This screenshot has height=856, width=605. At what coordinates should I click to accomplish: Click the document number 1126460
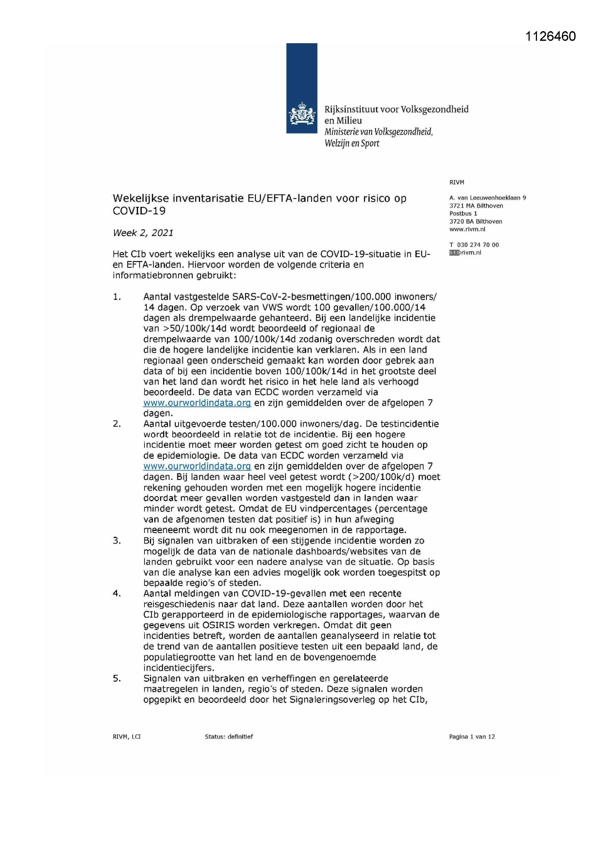[x=550, y=36]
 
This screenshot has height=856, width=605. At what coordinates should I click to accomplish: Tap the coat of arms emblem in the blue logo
[x=301, y=115]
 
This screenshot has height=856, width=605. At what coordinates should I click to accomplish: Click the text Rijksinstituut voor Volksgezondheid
[x=396, y=109]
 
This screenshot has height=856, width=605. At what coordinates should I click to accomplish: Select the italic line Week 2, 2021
[x=143, y=233]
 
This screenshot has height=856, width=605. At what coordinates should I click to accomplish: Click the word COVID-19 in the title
[x=139, y=211]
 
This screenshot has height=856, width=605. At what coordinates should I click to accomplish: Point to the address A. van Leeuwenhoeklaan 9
[x=487, y=198]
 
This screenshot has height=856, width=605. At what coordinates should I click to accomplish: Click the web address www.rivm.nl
[x=467, y=229]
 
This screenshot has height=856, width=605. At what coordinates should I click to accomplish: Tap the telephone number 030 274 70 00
[x=478, y=245]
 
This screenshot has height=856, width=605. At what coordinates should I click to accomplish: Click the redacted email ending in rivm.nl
[x=465, y=253]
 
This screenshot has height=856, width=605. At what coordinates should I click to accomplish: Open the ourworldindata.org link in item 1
[x=197, y=403]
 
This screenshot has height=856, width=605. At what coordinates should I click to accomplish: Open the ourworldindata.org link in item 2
[x=197, y=466]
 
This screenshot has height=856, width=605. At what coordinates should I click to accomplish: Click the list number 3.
[x=117, y=541]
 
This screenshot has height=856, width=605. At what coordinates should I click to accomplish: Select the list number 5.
[x=117, y=678]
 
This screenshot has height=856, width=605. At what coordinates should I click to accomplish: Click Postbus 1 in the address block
[x=463, y=213]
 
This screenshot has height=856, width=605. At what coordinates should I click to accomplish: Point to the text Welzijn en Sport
[x=352, y=144]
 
